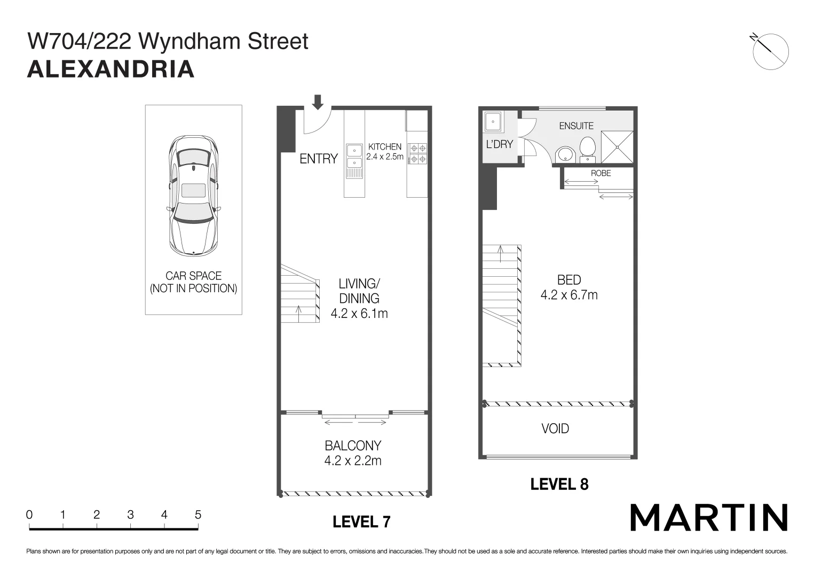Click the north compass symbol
pyautogui.click(x=770, y=51)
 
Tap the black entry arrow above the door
pyautogui.click(x=318, y=102)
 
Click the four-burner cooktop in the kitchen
pyautogui.click(x=417, y=153)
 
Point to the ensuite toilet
pyautogui.click(x=588, y=148)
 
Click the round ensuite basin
pyautogui.click(x=564, y=154)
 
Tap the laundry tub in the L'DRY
pyautogui.click(x=492, y=121)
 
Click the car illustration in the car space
pyautogui.click(x=193, y=195)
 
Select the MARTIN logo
pyautogui.click(x=709, y=517)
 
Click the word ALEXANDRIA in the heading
pyautogui.click(x=110, y=69)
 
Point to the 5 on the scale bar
pyautogui.click(x=198, y=515)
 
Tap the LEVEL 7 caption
pyautogui.click(x=361, y=521)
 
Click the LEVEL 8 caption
pyautogui.click(x=559, y=484)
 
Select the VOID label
pyautogui.click(x=555, y=428)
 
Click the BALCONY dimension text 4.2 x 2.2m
pyautogui.click(x=353, y=461)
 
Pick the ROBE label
pyautogui.click(x=600, y=173)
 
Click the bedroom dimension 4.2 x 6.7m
pyautogui.click(x=569, y=295)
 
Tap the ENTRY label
pyautogui.click(x=319, y=159)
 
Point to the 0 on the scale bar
pyautogui.click(x=29, y=515)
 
